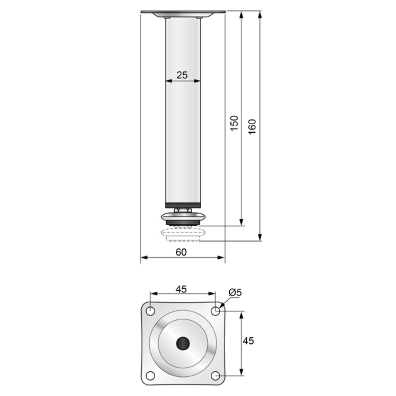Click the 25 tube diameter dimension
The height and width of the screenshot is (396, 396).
(182, 75)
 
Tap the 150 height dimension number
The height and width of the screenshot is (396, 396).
(234, 124)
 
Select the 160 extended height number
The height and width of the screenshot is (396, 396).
(252, 126)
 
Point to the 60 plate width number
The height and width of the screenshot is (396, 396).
(181, 252)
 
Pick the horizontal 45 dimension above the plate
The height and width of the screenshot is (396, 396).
(181, 289)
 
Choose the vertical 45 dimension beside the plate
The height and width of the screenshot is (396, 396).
(248, 341)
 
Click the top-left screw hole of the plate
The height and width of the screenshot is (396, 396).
(150, 311)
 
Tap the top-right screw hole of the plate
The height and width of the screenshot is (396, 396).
(215, 311)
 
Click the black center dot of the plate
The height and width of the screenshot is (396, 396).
(183, 343)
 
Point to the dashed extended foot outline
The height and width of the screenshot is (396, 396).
(183, 235)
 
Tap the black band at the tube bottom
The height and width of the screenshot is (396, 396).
(183, 205)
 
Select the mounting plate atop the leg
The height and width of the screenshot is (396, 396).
(183, 13)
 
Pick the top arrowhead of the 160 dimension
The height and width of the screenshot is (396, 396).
(260, 14)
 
